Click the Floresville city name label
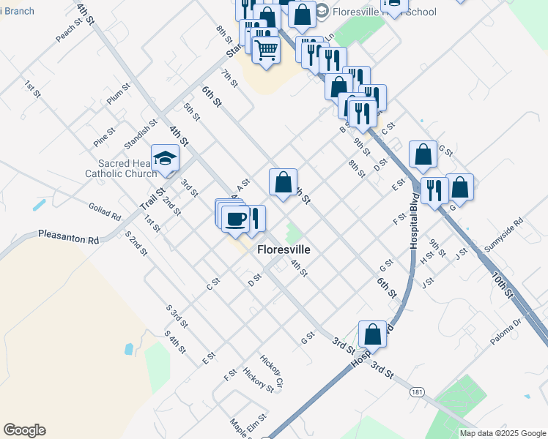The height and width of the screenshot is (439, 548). click(284, 249)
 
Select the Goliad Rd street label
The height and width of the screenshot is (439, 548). click(105, 211)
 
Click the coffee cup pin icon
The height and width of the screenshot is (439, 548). click(235, 219)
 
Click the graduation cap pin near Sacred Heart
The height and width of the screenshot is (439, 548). click(165, 158)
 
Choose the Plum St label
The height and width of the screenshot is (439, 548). click(118, 94)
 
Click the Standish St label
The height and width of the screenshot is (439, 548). click(141, 131)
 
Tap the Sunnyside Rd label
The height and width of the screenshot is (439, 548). click(503, 231)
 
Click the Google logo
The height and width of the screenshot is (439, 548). click(24, 430)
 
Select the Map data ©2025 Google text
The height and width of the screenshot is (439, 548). click(502, 433)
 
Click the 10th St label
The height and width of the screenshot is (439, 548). click(503, 284)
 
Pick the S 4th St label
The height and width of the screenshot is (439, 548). click(175, 341)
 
